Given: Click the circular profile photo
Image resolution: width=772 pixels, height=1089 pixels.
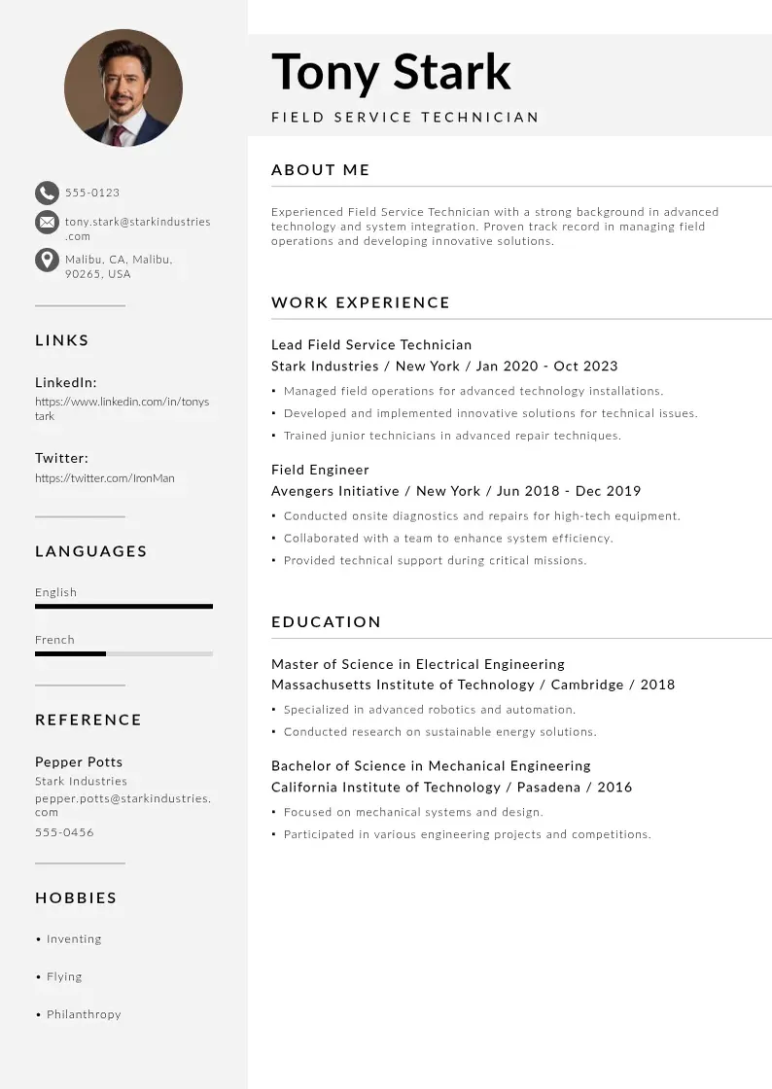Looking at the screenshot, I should [123, 88].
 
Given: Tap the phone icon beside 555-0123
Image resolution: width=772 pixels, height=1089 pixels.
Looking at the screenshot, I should [47, 193].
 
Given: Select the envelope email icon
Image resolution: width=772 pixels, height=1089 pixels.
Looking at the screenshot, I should [47, 222].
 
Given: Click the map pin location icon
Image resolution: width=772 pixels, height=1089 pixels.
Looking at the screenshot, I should [47, 260].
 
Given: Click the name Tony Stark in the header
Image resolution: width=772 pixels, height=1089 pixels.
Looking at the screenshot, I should [391, 72].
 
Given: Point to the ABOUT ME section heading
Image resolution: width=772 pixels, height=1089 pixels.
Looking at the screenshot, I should [321, 170].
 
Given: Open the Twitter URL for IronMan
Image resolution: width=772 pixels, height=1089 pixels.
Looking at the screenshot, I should [105, 478].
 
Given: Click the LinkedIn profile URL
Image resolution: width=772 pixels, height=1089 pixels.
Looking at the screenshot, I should [122, 408].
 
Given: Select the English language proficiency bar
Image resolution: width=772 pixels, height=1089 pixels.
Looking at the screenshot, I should [123, 607].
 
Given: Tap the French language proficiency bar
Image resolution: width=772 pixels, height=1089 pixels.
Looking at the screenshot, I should [123, 653].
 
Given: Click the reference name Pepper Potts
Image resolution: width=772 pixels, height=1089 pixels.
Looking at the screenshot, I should [79, 761].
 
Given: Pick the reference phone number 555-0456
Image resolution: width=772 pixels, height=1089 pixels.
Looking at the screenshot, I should [64, 832].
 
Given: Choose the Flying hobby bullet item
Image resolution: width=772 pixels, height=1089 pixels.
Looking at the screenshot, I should [64, 976].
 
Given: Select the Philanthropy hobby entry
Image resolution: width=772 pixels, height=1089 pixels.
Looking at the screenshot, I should [84, 1014].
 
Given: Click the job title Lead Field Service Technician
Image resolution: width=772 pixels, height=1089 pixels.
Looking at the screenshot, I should [371, 344].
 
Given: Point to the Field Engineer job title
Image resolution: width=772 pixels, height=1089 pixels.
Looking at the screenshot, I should [320, 470].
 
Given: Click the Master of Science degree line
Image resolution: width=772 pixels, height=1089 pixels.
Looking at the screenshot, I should [418, 664].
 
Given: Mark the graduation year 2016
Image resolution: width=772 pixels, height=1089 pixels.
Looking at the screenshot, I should [614, 787].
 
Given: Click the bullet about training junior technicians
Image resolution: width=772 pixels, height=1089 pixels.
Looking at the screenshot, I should [452, 436].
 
